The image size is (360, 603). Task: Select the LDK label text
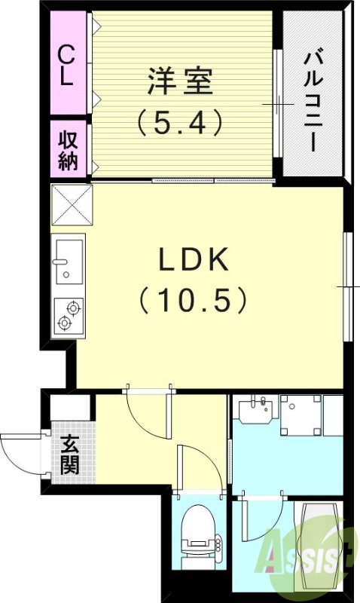pyautogui.click(x=194, y=260)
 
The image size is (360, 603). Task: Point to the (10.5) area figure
pyautogui.click(x=194, y=301)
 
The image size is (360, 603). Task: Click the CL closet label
pyautogui.click(x=67, y=66)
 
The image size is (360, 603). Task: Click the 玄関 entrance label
pyautogui.click(x=70, y=455)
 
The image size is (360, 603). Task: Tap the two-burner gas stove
pyautogui.click(x=68, y=316)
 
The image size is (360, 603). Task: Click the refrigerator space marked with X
pyautogui.click(x=70, y=204)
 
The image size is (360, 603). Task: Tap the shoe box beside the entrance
pyautogui.click(x=71, y=406)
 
